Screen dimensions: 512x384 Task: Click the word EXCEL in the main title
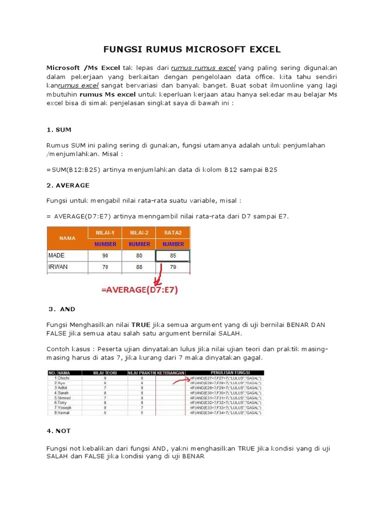(x=260, y=49)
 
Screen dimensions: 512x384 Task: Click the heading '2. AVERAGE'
(x=68, y=185)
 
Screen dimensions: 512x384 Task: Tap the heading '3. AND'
(x=62, y=309)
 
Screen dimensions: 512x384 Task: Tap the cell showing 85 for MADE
(x=173, y=255)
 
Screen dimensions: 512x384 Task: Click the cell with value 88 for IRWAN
(x=139, y=267)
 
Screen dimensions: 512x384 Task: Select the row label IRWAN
(x=58, y=267)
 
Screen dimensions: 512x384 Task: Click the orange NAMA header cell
(x=67, y=238)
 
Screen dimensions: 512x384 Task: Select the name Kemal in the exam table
(x=63, y=413)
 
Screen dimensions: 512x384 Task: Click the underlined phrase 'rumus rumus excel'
(x=203, y=67)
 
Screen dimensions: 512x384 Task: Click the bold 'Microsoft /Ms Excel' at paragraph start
(x=83, y=67)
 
